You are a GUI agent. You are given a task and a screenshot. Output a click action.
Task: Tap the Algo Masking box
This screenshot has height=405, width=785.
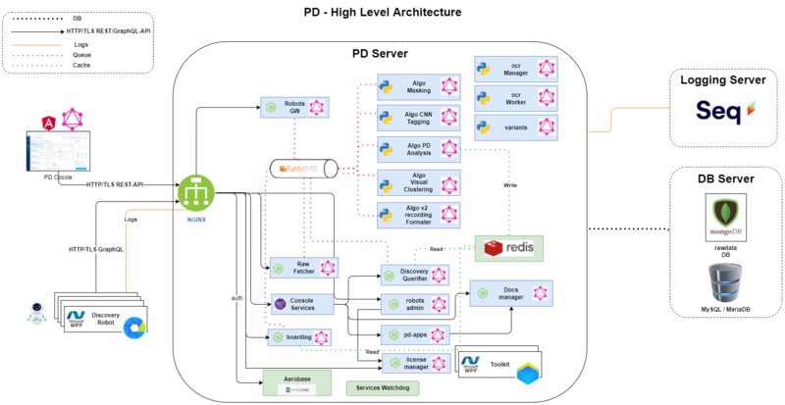pos(420,86)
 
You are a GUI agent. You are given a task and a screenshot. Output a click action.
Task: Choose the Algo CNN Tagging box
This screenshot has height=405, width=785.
pos(420,119)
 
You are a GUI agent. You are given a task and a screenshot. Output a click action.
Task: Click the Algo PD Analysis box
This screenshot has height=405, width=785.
pos(420,150)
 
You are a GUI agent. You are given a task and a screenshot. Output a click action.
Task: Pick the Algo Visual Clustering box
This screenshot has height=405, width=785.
pos(420,182)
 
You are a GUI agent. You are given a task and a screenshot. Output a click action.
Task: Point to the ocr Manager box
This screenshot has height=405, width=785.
pos(516,68)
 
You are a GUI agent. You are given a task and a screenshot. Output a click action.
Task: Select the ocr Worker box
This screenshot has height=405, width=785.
pos(516,97)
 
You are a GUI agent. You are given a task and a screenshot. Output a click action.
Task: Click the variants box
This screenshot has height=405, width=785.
pos(516,127)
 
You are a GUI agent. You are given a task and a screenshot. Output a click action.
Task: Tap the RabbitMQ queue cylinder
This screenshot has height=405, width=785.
pos(310,169)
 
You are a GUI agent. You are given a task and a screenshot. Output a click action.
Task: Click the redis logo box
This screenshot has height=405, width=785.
pos(508,248)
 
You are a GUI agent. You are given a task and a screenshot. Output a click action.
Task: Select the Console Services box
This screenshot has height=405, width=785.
pos(302,304)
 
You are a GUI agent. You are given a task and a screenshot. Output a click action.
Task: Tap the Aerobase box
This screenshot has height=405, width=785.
pos(295,380)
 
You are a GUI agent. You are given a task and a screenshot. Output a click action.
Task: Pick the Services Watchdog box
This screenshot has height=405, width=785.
pos(382,388)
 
